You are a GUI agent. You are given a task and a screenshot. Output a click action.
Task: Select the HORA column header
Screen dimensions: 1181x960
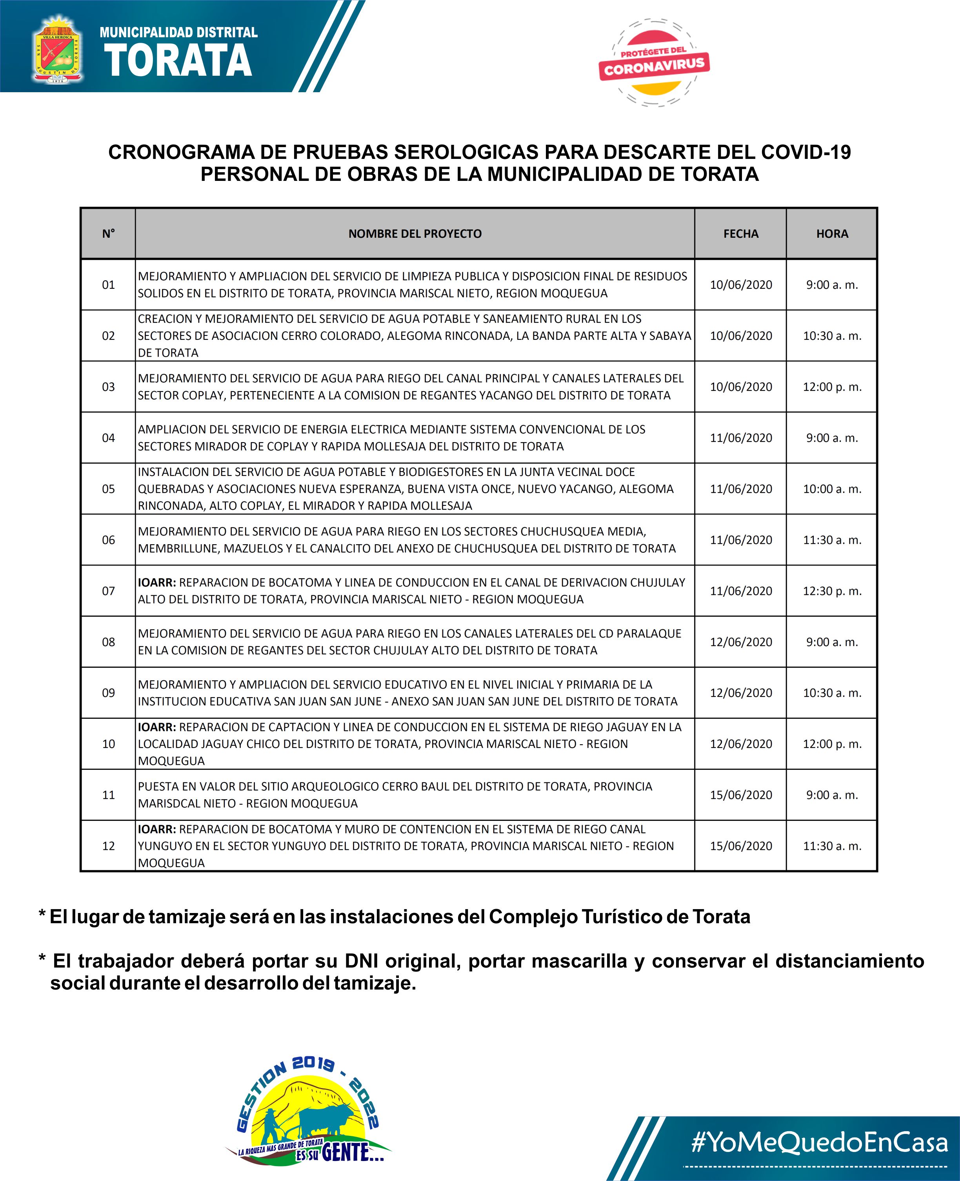(x=832, y=234)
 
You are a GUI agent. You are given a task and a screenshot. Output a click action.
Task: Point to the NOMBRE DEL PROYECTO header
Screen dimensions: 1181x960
(x=415, y=234)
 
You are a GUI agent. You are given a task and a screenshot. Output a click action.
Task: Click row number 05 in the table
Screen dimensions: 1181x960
(x=108, y=489)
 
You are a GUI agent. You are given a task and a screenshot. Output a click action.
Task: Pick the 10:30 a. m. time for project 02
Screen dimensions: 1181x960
(x=832, y=336)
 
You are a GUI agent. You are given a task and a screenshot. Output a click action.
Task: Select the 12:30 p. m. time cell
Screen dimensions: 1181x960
(x=832, y=591)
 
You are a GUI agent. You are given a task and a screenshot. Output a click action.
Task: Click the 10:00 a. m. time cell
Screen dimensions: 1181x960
(x=832, y=489)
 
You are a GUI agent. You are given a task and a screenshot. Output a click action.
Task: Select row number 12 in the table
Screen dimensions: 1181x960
(x=108, y=846)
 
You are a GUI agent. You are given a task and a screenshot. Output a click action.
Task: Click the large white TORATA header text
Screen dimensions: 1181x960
(x=178, y=60)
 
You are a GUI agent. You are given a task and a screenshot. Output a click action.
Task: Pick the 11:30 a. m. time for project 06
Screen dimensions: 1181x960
(x=832, y=540)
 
